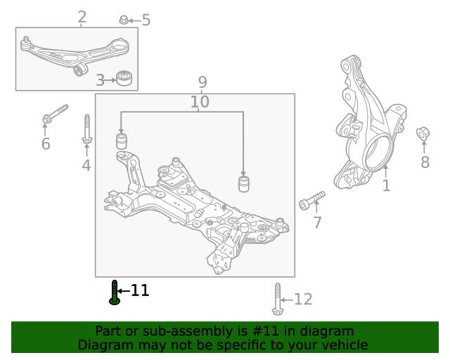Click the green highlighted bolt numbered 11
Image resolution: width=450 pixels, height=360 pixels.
(115, 292)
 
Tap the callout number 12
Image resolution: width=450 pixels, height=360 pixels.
(303, 299)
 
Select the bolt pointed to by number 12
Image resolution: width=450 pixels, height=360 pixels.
(277, 299)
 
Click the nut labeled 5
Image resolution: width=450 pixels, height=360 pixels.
(124, 20)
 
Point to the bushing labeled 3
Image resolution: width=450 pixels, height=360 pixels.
(124, 78)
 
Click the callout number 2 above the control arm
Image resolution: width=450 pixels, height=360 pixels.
(82, 17)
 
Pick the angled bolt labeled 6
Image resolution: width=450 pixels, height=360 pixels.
(55, 114)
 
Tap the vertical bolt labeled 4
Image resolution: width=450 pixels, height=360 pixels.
(87, 129)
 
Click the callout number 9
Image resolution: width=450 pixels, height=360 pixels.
(202, 82)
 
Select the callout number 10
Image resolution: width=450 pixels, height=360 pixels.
(200, 102)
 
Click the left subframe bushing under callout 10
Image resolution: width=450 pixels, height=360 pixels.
(122, 141)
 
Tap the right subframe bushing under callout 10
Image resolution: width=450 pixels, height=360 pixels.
(244, 184)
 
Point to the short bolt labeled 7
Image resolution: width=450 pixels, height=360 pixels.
(312, 200)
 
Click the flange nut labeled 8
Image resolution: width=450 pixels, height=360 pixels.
(423, 134)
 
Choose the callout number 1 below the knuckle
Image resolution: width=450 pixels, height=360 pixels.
(387, 186)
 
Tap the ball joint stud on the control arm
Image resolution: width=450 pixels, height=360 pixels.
(25, 43)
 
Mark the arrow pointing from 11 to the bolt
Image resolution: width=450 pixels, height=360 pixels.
(124, 291)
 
